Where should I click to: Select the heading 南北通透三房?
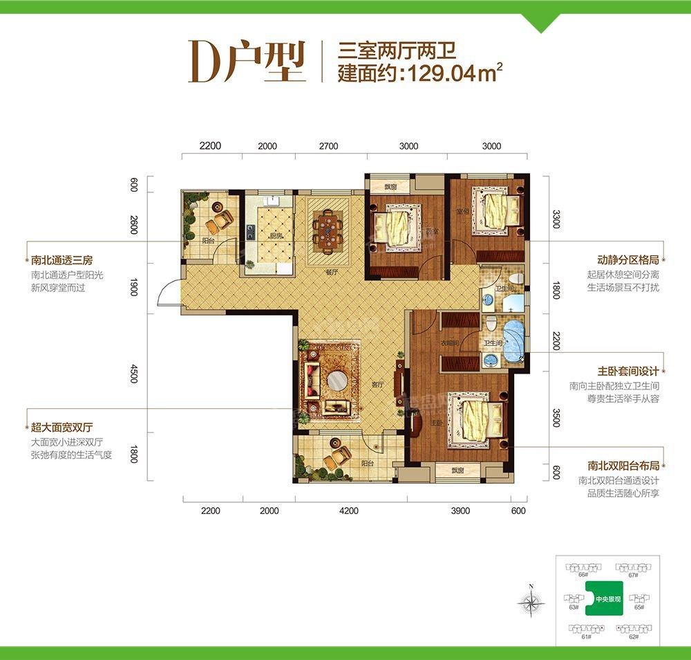(62, 261)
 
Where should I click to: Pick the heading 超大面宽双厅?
(62, 428)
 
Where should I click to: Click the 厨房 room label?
(277, 236)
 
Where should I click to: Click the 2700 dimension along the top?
(329, 146)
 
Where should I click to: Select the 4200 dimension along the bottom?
(350, 511)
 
